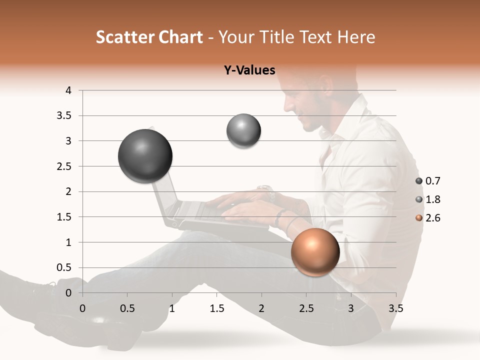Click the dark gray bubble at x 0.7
(x=145, y=156)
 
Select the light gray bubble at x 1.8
(x=243, y=131)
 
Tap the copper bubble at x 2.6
(x=315, y=252)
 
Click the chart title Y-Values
(x=249, y=70)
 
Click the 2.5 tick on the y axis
(x=64, y=166)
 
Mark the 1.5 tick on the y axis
(x=64, y=217)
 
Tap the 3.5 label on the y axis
(x=64, y=116)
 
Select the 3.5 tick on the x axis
(x=395, y=308)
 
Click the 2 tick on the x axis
(x=261, y=308)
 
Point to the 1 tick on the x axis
(x=172, y=308)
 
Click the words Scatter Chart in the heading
(x=149, y=37)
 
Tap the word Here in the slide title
(x=356, y=37)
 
